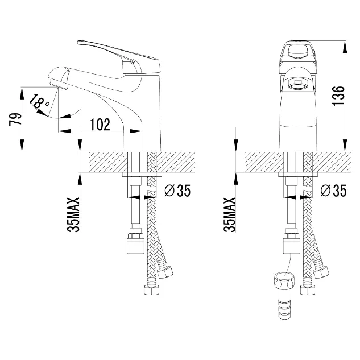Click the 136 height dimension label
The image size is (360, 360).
coord(339,96)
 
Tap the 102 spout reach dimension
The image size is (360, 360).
coord(100,125)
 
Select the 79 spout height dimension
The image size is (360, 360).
coord(15,119)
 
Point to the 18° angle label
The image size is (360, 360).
coord(39,101)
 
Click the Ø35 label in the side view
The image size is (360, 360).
coord(177,191)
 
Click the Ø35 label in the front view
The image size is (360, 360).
coord(333,191)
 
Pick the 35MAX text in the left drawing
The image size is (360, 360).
coord(73,214)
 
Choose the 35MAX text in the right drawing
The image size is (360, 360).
coord(229,214)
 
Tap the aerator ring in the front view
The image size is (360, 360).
coord(298,87)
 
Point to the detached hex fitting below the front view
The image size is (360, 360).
coord(284,295)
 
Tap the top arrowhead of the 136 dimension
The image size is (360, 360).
coord(345,47)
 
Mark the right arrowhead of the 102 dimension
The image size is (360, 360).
coord(136,131)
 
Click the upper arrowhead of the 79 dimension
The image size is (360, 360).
coord(22,93)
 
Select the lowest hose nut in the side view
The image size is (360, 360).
coord(152,289)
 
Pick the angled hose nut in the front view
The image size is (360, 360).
coord(321,271)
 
